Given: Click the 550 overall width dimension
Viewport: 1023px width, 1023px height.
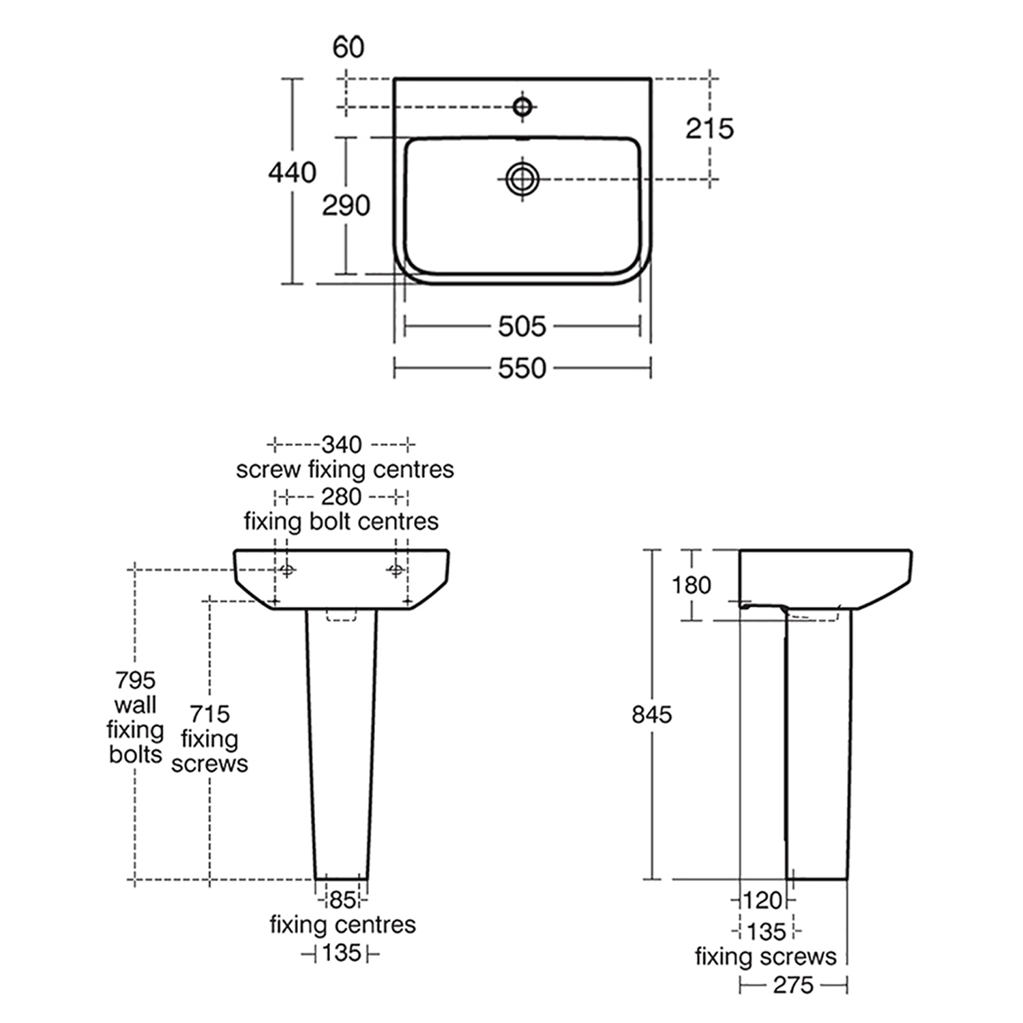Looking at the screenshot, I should [x=522, y=368].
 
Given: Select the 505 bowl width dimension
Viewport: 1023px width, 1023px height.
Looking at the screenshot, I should [x=522, y=327].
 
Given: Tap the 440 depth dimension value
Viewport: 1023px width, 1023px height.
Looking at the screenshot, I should [x=292, y=173].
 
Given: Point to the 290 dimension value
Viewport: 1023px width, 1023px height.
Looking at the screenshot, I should [x=346, y=205].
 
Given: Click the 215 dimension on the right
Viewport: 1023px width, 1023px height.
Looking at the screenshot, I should [x=709, y=128].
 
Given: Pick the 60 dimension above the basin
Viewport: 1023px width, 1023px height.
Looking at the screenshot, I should [x=349, y=47].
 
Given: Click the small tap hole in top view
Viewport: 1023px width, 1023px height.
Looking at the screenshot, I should [x=522, y=106].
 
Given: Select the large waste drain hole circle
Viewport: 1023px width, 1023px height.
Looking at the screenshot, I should [x=522, y=179].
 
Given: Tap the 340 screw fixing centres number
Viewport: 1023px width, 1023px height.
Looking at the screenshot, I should [x=341, y=445].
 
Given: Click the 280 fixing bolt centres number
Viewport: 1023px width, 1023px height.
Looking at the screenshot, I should [x=341, y=496].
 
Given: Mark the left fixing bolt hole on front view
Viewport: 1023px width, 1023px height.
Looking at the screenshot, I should [x=287, y=569].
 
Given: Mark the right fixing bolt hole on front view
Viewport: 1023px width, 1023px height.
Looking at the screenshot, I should [x=396, y=569].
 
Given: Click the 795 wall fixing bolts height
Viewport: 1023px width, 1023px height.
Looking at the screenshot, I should [x=135, y=680].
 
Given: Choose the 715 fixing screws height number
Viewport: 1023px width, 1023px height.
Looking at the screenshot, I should [x=209, y=714].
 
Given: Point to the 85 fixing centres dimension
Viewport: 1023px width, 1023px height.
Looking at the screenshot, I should [x=342, y=900].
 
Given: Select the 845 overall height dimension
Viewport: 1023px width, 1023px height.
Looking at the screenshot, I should [x=651, y=714].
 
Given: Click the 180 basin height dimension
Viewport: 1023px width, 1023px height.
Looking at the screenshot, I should [x=691, y=584].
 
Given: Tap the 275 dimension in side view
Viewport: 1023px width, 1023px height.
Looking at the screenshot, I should [x=793, y=985].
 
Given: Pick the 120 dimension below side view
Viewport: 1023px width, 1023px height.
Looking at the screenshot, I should [x=762, y=900].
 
